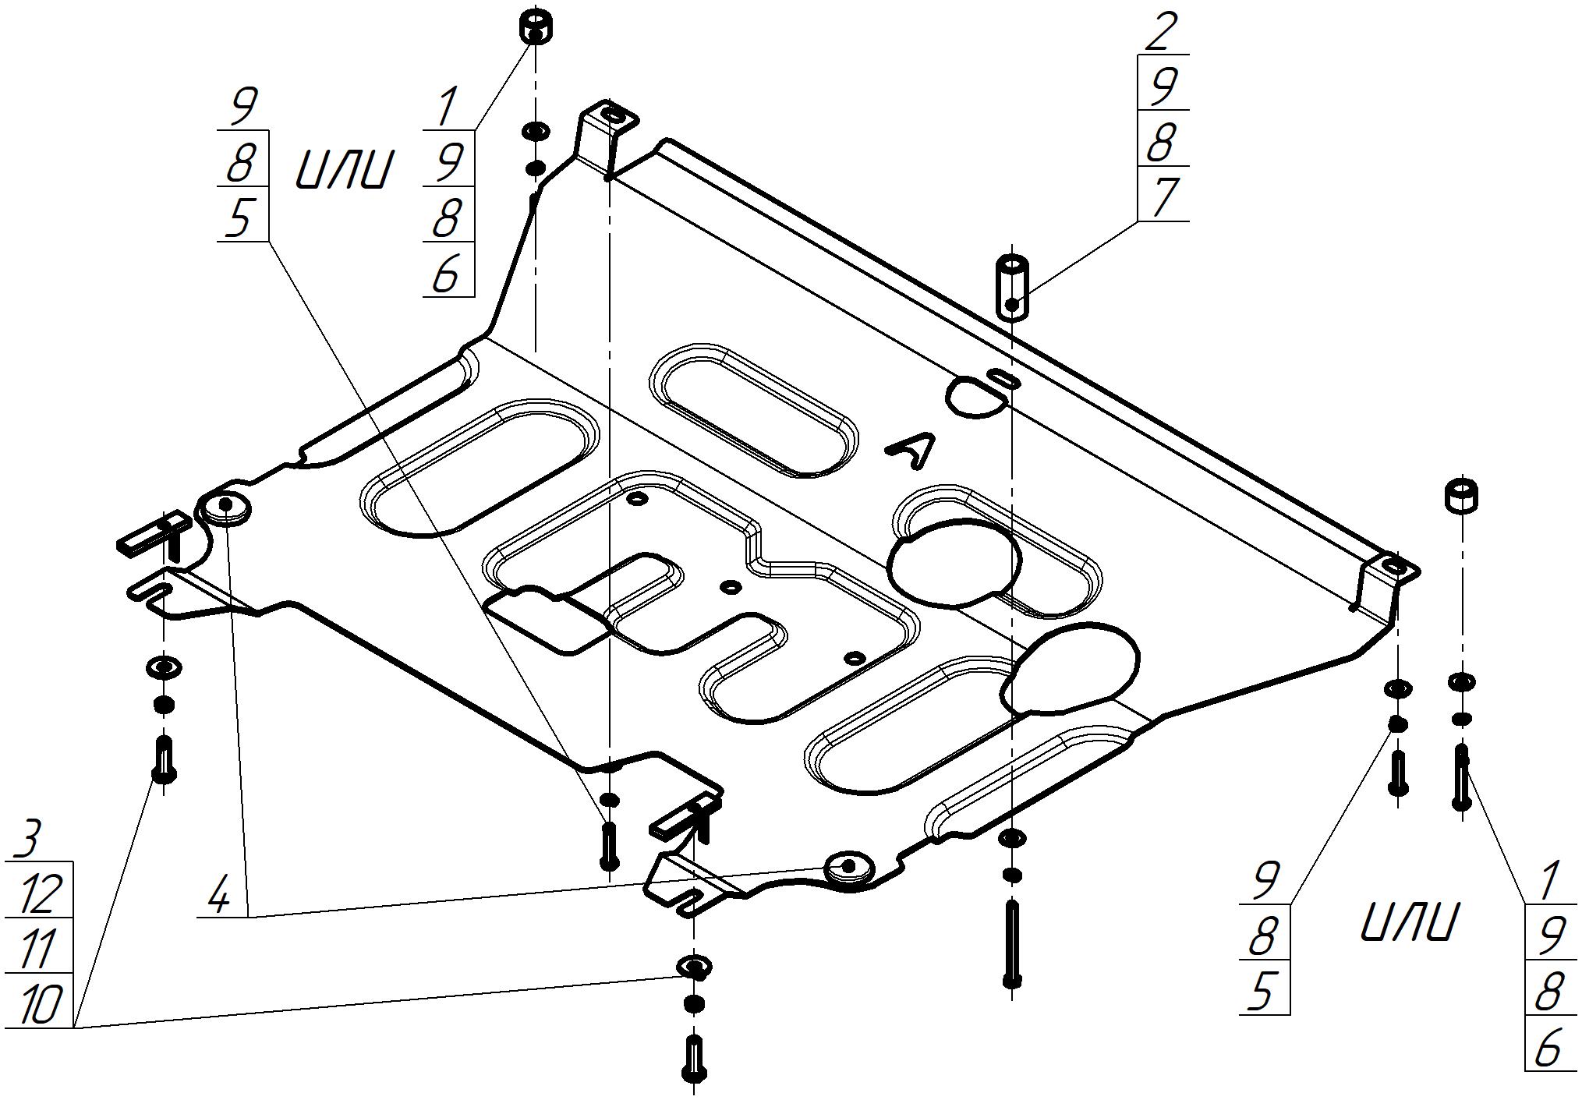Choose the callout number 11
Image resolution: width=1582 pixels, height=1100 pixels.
36,949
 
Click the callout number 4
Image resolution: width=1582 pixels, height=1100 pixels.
220,897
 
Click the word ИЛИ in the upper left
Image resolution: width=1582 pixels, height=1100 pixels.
342,171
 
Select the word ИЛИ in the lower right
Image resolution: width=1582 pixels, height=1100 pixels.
1408,924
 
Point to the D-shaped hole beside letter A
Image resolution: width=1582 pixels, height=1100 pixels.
974,398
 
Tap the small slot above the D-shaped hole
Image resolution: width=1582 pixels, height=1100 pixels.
1002,378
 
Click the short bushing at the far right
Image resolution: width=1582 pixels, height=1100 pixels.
1463,495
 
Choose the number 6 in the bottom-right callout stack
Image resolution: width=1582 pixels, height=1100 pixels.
1548,1049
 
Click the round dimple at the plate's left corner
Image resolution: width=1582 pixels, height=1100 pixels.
225,507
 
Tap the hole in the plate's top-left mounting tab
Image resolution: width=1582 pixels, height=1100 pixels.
614,115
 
